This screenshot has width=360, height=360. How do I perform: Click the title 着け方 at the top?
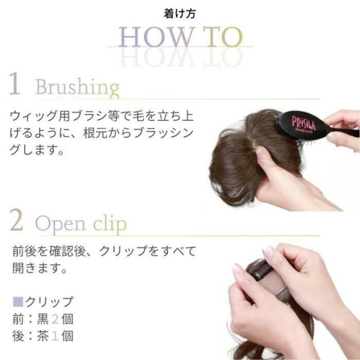[180, 13]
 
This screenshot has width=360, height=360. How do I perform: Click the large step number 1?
[15, 83]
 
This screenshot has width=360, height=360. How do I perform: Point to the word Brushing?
[78, 88]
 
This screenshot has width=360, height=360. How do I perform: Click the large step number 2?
[16, 220]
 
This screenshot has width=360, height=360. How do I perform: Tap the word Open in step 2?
[60, 224]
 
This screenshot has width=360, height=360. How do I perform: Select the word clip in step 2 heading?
[110, 223]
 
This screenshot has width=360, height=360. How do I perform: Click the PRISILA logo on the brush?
[304, 124]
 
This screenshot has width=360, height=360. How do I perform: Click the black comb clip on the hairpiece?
[262, 271]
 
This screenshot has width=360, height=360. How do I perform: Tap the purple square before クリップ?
[18, 301]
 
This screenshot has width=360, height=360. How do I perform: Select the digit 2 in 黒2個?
[55, 319]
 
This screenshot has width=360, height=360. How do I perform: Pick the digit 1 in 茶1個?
[55, 336]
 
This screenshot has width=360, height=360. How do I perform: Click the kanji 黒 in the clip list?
[43, 319]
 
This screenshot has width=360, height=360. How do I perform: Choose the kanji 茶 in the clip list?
[43, 336]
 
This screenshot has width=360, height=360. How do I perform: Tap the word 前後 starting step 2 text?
[24, 251]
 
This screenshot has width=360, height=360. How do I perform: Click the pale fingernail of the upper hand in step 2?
[268, 251]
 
